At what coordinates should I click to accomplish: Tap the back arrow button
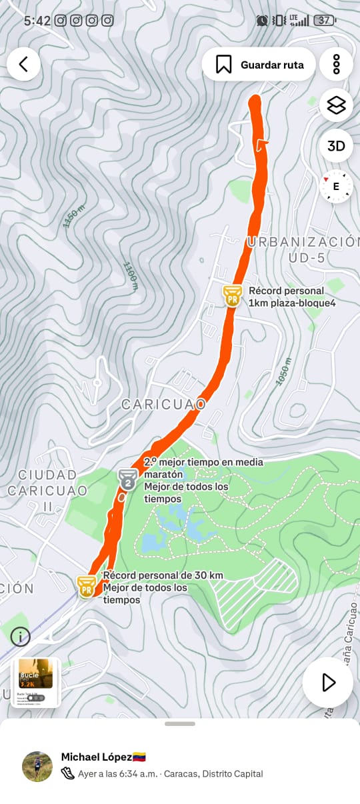tap(24, 64)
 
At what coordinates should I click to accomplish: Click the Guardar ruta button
tap(259, 65)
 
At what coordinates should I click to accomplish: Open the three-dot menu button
tap(336, 64)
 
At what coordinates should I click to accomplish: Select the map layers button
tap(336, 105)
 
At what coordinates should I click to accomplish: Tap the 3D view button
tap(336, 146)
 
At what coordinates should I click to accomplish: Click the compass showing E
tap(335, 186)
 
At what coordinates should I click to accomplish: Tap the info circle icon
tap(20, 637)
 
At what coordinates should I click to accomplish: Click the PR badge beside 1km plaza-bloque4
tap(232, 295)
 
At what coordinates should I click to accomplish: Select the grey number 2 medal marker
tap(128, 479)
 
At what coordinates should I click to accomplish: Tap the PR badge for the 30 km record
tap(86, 587)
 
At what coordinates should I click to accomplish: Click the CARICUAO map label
tap(163, 404)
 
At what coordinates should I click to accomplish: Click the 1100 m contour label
tap(131, 275)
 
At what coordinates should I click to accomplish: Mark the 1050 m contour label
tap(284, 371)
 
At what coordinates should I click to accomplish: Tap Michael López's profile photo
tap(37, 766)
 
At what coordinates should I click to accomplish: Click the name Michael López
tap(97, 757)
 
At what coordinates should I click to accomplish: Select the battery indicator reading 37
tap(324, 21)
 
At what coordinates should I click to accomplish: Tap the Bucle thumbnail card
tap(35, 682)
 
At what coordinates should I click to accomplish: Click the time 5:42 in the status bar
tap(37, 21)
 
